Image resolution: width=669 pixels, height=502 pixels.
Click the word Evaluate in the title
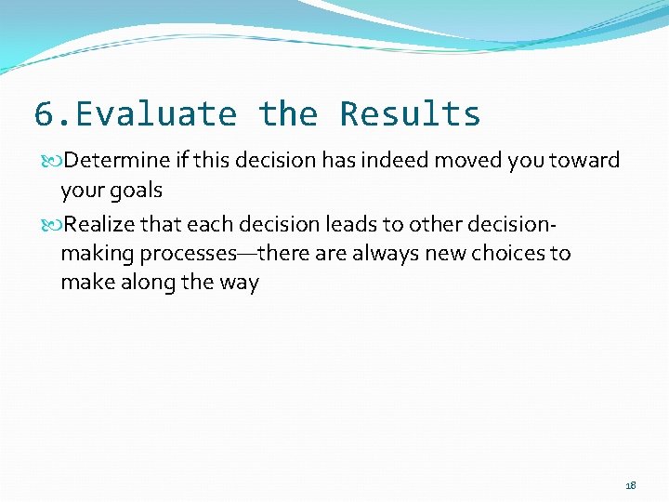(x=155, y=114)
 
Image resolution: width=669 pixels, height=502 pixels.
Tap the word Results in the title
(x=410, y=114)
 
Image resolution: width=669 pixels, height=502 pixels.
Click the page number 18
(x=631, y=485)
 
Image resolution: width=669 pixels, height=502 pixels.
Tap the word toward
(x=584, y=160)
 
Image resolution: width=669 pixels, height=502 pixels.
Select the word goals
(x=137, y=191)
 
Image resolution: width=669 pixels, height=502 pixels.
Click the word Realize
(x=99, y=223)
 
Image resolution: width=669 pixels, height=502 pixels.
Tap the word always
(x=375, y=253)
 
